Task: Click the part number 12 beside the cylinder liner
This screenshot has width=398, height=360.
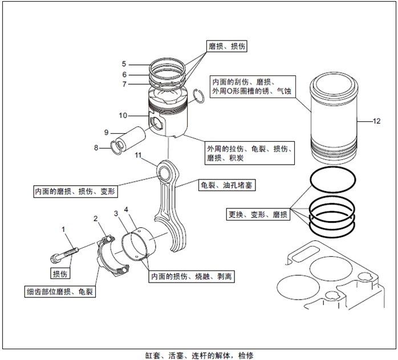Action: (x=376, y=121)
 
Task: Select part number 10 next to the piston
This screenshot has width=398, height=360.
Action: (x=123, y=116)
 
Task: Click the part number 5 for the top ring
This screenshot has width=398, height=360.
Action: (x=124, y=63)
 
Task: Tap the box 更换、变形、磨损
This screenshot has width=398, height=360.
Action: (x=258, y=215)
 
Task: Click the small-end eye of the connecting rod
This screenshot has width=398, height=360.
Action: (x=167, y=170)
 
